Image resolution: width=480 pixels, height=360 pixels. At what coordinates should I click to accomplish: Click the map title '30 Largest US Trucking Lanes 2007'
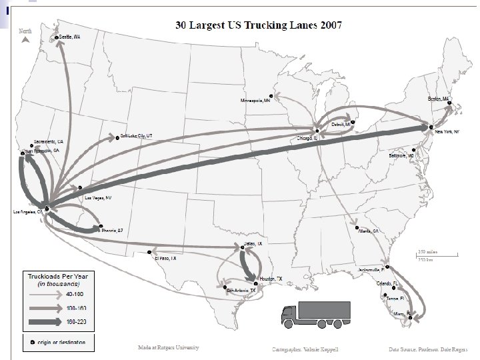click(258, 26)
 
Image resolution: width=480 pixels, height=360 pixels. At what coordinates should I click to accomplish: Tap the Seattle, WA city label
click(70, 37)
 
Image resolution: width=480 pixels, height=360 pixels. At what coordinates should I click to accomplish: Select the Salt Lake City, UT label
click(137, 135)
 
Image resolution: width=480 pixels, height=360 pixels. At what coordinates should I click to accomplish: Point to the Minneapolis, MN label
click(255, 100)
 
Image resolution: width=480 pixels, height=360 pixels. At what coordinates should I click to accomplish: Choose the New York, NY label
click(447, 132)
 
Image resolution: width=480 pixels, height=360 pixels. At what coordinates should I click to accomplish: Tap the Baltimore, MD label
click(402, 155)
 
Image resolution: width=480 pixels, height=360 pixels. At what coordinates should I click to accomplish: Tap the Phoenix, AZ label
click(112, 231)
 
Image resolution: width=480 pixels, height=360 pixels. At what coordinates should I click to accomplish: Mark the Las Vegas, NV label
click(98, 198)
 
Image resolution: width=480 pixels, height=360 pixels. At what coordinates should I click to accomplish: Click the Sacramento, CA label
click(50, 142)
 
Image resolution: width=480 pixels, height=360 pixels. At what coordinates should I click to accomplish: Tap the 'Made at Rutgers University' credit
click(168, 347)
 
